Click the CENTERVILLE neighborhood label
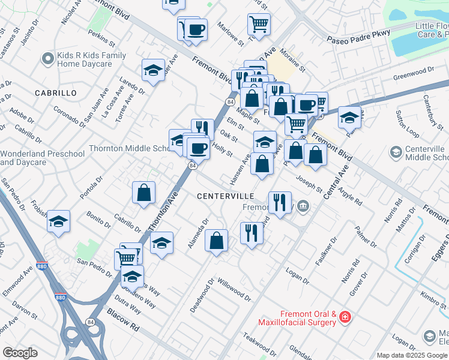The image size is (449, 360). [x=226, y=196]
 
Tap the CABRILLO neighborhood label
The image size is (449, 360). [x=56, y=93]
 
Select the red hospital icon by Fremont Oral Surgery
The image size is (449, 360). [x=345, y=316]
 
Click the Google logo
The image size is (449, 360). [x=20, y=353]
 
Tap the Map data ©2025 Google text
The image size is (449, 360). [x=411, y=355]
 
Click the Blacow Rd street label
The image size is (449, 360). [x=123, y=320]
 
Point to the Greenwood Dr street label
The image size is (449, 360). [x=414, y=73]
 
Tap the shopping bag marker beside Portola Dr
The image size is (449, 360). [x=144, y=193]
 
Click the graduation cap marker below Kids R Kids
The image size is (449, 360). [x=154, y=71]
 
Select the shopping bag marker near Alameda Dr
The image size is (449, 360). [x=217, y=241]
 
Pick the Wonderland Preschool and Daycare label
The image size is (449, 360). [x=42, y=158]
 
